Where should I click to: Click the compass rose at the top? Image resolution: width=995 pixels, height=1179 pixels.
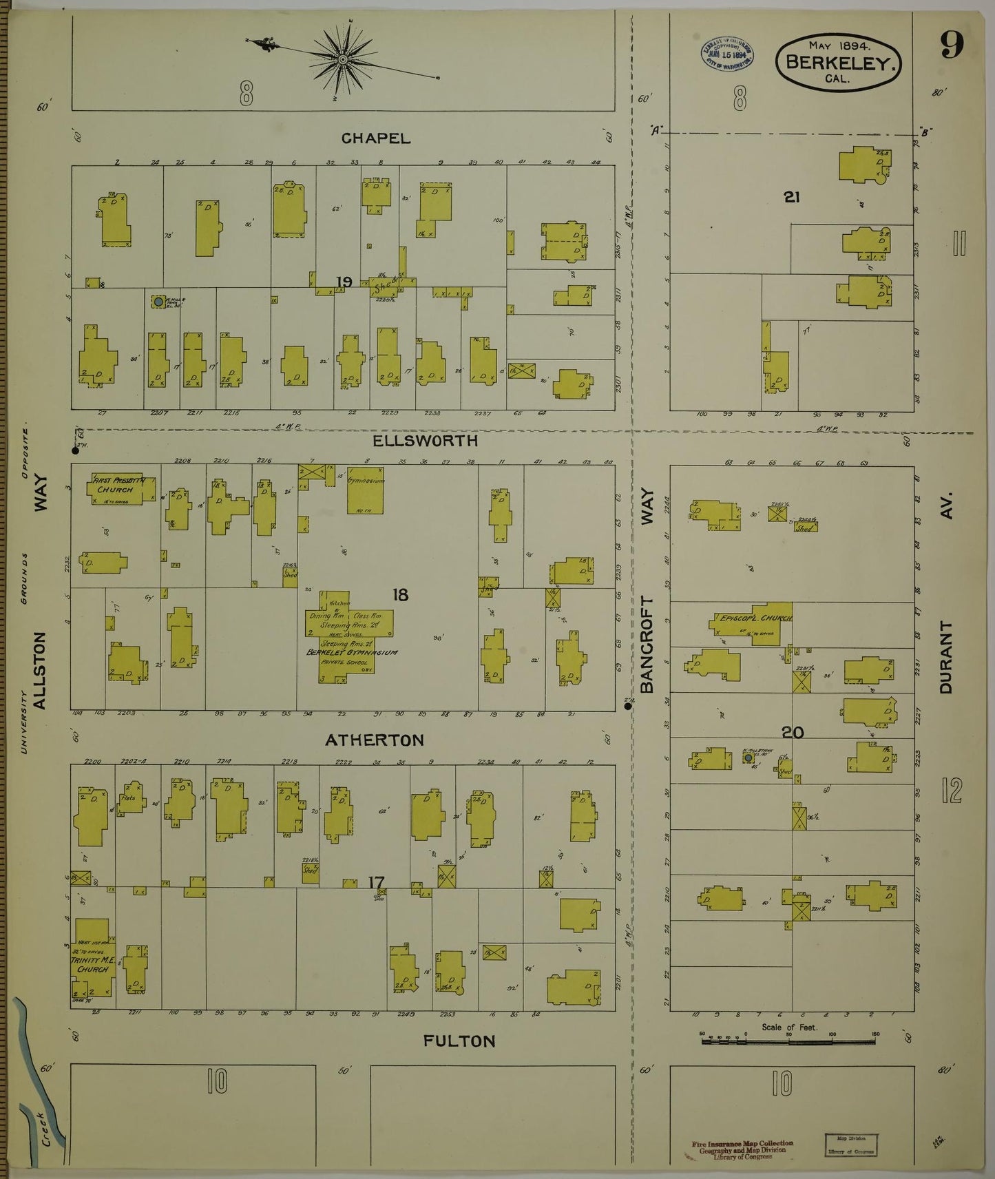click(339, 56)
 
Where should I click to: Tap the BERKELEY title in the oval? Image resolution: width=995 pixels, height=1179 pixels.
click(839, 62)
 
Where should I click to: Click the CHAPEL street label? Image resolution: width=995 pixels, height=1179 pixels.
click(376, 138)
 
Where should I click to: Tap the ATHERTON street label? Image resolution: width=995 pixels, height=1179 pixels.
click(375, 740)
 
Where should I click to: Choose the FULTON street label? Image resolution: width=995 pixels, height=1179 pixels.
click(459, 1041)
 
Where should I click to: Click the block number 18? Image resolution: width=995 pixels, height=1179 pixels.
click(401, 594)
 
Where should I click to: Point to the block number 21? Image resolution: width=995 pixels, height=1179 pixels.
click(791, 197)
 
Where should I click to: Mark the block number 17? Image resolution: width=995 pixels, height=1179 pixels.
click(376, 882)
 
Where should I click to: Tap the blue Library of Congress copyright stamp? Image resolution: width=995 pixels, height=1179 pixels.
click(726, 53)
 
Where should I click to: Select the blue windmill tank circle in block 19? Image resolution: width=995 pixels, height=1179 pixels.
click(158, 302)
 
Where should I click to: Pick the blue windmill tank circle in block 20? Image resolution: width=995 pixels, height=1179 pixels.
click(748, 758)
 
